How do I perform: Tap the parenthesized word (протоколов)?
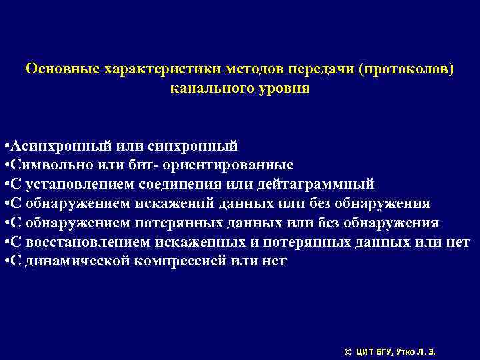(x=406, y=69)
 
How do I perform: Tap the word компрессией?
(x=176, y=261)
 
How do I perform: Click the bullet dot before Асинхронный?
(x=5, y=146)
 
